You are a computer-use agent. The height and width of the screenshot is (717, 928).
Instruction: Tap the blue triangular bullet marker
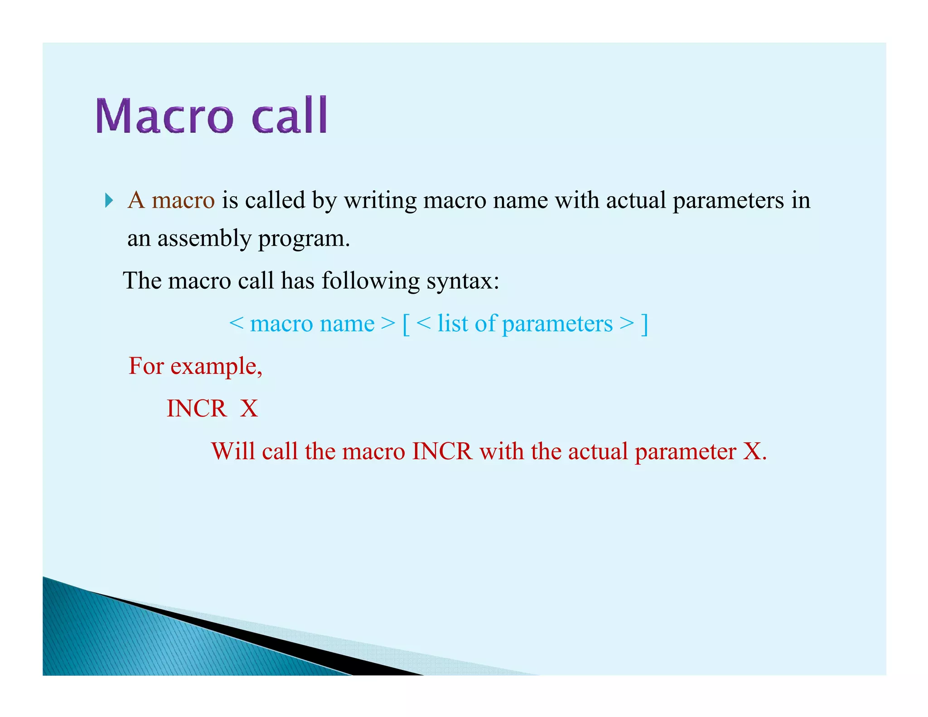108,200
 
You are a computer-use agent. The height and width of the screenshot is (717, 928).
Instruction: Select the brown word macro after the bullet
183,200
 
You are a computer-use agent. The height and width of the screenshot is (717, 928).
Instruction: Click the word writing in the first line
380,200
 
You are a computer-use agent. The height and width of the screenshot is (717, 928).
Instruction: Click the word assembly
204,239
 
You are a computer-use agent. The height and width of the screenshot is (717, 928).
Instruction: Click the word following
370,281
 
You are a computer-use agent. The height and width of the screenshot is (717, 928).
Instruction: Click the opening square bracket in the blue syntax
406,325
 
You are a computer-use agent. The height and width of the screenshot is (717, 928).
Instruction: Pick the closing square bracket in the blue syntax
644,325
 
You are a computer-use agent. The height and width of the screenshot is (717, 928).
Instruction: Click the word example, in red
216,367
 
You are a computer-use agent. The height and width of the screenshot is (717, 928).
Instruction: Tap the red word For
146,366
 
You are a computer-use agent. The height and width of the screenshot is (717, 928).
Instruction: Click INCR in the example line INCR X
197,408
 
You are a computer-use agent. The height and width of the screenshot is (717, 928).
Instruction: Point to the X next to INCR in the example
249,408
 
